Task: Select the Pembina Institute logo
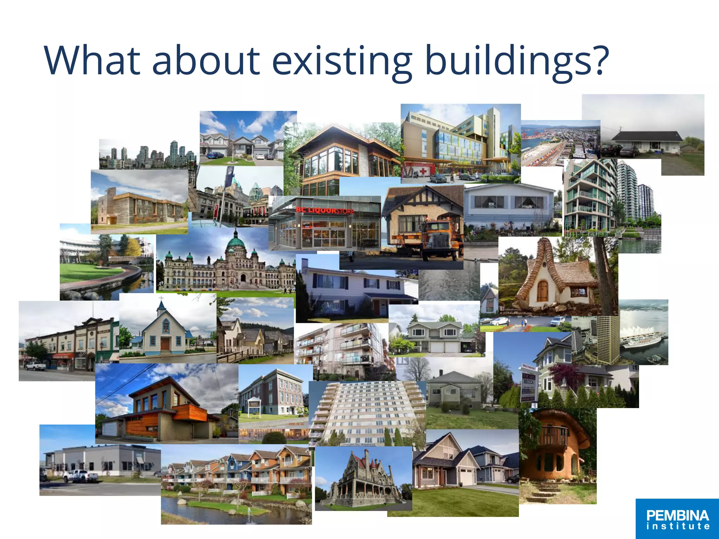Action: (x=677, y=519)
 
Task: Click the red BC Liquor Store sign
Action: (x=325, y=211)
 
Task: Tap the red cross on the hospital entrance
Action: (x=423, y=171)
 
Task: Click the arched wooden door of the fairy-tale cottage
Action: (x=542, y=291)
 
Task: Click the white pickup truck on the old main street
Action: (x=35, y=366)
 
